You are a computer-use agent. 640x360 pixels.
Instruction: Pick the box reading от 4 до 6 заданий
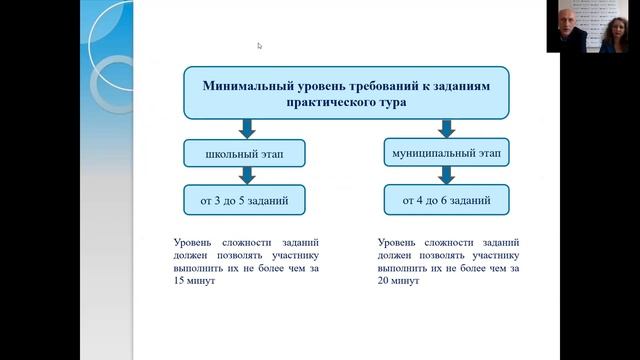(x=446, y=200)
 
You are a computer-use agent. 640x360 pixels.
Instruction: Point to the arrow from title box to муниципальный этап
(x=445, y=129)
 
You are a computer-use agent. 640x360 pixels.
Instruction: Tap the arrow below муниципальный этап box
(x=445, y=175)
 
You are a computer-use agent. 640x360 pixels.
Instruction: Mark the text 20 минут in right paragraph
(x=399, y=282)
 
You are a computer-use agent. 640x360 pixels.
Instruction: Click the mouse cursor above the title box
(x=259, y=45)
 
